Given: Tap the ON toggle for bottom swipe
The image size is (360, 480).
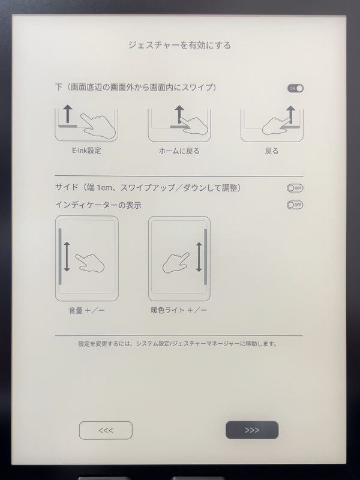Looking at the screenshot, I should pyautogui.click(x=295, y=88).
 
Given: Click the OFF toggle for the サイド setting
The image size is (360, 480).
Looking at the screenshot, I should pyautogui.click(x=295, y=188).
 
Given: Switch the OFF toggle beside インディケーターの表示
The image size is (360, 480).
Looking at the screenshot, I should pyautogui.click(x=295, y=205).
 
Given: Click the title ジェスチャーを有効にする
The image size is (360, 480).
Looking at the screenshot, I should pyautogui.click(x=179, y=45).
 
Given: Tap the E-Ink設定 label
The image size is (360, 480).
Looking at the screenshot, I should pyautogui.click(x=86, y=151).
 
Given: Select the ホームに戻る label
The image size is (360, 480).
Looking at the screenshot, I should pyautogui.click(x=179, y=151).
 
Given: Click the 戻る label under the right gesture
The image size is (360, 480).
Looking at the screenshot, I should pyautogui.click(x=272, y=151).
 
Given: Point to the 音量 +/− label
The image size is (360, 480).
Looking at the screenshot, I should pyautogui.click(x=86, y=310).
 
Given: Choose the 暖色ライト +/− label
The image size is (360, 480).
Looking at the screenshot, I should pyautogui.click(x=179, y=310).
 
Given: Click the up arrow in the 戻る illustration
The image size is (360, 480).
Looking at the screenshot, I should pyautogui.click(x=291, y=114).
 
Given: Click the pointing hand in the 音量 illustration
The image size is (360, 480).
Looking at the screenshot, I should pyautogui.click(x=90, y=262).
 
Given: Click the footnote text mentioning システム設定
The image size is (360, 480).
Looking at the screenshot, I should pyautogui.click(x=180, y=344).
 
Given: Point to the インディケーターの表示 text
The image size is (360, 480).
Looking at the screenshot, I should pyautogui.click(x=98, y=205).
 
